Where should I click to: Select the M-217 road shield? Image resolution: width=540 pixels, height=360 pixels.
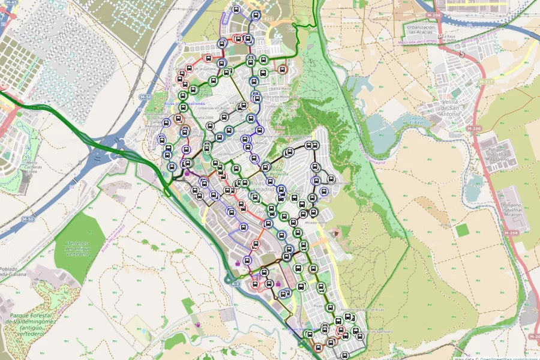pyautogui.click(x=485, y=82)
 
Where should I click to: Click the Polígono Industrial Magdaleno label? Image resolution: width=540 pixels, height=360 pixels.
pyautogui.click(x=503, y=157)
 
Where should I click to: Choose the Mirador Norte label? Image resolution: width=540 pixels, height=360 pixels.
pyautogui.click(x=315, y=222)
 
